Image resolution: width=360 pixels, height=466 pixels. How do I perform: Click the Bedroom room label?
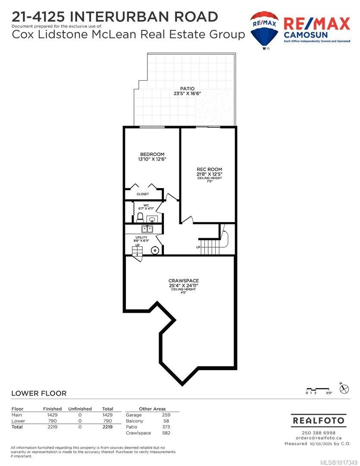point(152,154)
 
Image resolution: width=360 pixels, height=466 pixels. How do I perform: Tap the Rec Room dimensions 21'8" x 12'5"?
point(210,174)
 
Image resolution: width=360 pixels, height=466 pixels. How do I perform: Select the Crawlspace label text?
point(184,280)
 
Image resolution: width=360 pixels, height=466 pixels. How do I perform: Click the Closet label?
point(143,194)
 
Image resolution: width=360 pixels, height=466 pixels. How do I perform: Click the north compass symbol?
point(344,389)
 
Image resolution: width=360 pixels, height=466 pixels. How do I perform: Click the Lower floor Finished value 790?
point(52,421)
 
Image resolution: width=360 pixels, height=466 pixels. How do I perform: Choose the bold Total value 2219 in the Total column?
point(107,427)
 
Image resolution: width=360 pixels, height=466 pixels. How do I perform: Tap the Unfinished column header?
point(80,409)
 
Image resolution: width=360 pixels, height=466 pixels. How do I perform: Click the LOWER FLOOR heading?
point(39,393)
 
